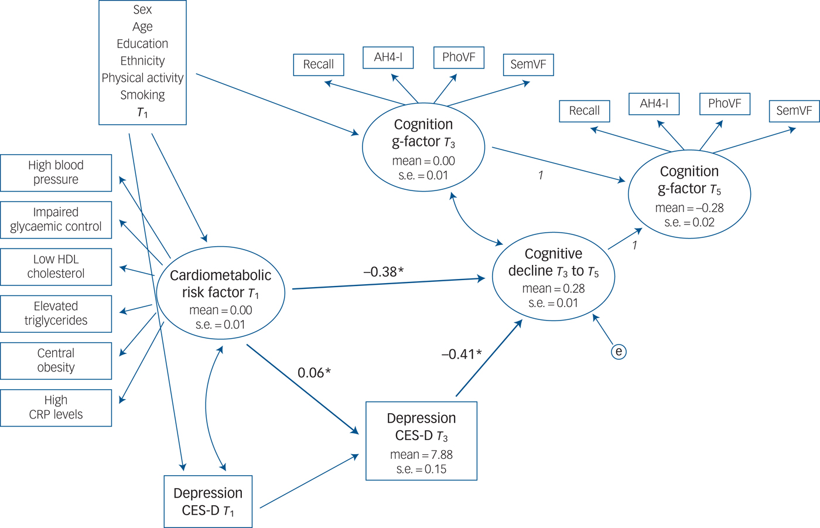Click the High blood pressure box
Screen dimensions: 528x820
56,173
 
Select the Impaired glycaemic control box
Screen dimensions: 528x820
56,220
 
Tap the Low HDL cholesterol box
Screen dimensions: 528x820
56,267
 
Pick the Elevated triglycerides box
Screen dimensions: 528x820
56,314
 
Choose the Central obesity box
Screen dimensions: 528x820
56,360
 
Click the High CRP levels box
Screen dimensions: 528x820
56,407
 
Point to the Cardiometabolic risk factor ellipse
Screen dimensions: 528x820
221,292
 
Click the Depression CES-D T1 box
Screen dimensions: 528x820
208,502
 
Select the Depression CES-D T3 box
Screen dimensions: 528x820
421,441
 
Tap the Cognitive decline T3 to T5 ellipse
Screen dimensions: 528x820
553,277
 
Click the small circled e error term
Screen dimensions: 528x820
619,352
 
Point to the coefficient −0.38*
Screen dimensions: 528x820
384,272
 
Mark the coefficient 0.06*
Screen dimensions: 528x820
314,373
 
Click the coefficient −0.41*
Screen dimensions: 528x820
462,354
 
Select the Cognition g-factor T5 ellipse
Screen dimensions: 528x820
689,195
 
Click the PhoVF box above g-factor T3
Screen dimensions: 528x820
459,57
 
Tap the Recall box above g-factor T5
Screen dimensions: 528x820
585,111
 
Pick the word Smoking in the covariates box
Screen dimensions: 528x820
142,95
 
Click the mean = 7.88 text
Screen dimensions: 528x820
421,455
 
